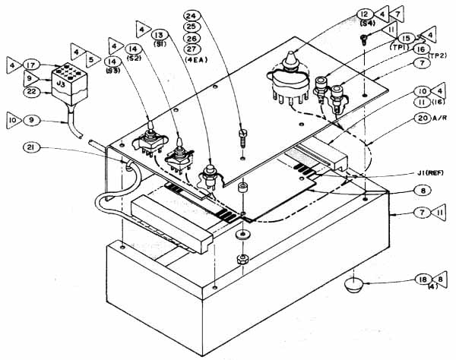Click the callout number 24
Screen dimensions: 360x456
192,14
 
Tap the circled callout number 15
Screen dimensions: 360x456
407,38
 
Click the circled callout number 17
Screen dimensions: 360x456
31,65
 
